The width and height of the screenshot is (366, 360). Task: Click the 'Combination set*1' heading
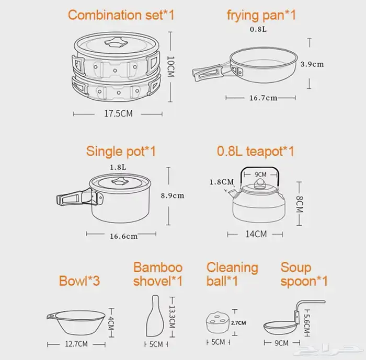click(121, 15)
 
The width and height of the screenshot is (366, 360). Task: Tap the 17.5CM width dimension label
click(118, 113)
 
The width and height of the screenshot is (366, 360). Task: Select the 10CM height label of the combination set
click(171, 66)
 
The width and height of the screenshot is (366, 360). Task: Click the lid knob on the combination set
click(116, 42)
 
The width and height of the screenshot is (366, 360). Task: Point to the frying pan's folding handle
click(207, 73)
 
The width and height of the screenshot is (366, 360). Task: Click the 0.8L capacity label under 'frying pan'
click(258, 29)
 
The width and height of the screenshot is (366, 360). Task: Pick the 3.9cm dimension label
click(312, 64)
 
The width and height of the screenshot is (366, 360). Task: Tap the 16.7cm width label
click(264, 98)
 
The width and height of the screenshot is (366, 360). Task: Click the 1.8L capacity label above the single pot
click(118, 167)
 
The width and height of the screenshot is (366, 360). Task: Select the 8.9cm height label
click(173, 195)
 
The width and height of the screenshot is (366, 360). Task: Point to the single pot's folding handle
click(75, 198)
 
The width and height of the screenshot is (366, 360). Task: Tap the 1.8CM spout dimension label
click(222, 182)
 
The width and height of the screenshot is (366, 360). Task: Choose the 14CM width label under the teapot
click(256, 234)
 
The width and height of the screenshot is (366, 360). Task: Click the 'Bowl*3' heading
click(79, 281)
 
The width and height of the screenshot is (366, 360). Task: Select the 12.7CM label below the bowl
click(76, 344)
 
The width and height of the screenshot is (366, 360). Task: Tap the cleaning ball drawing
click(218, 322)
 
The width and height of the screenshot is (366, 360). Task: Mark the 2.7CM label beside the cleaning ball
click(238, 323)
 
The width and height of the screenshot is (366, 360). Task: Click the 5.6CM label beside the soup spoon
click(307, 323)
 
